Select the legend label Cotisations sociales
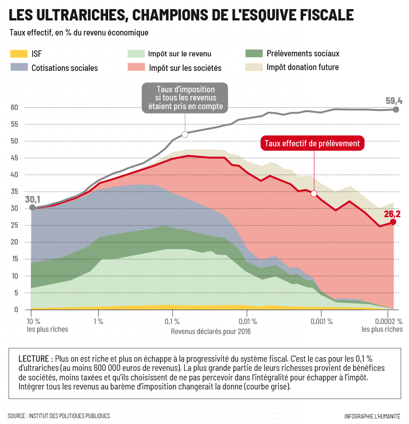coord(65,68)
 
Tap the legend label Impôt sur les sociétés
coord(185,68)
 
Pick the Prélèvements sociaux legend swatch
coord(253,53)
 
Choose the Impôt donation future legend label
coord(303,67)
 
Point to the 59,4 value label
coord(394,101)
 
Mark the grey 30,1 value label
coord(33,199)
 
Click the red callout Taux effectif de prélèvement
coord(312,143)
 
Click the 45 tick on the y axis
coord(15,158)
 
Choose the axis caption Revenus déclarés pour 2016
coord(210,331)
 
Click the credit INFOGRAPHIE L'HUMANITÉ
coord(372,416)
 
